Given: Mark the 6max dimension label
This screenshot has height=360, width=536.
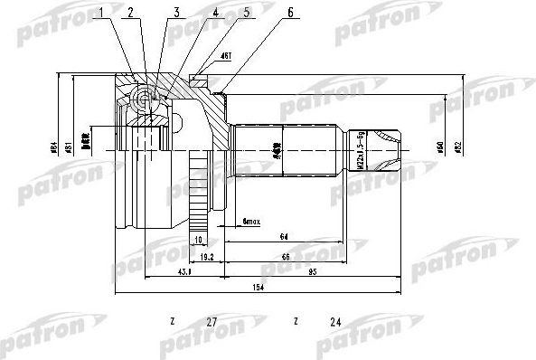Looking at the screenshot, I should [x=252, y=221].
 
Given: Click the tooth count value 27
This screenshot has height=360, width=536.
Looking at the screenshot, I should [x=212, y=322].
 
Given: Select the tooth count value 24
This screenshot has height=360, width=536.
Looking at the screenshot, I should [x=335, y=322].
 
